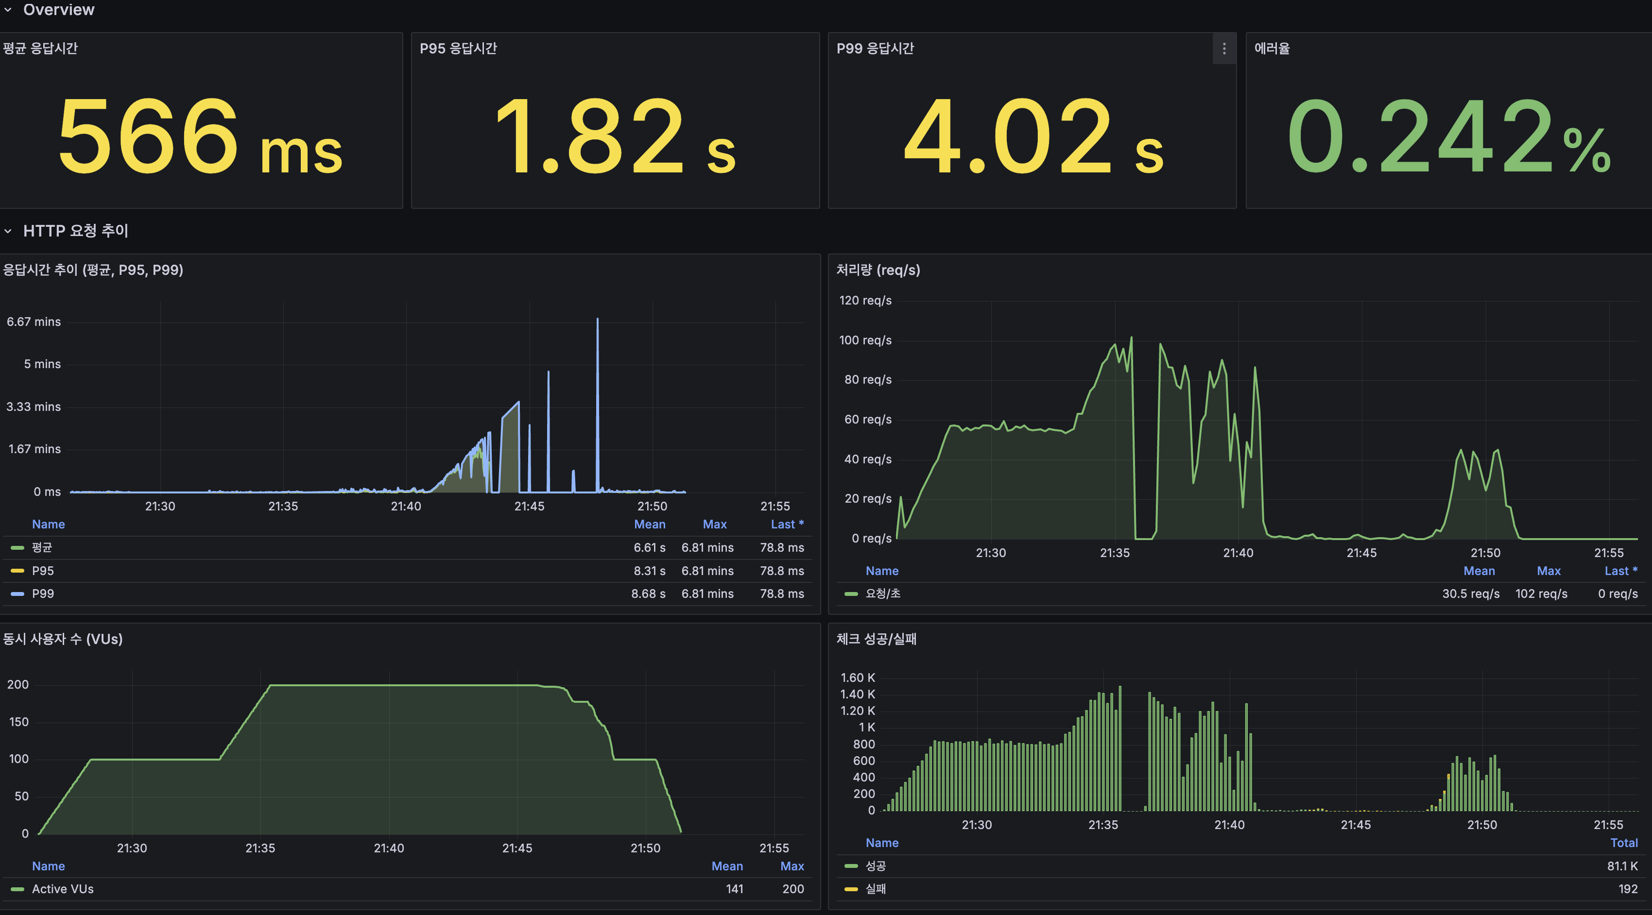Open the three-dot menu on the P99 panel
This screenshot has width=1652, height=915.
[1223, 49]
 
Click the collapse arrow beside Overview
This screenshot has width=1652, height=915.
[8, 10]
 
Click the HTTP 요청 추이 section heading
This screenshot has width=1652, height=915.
[76, 231]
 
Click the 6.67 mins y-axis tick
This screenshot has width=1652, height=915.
[34, 322]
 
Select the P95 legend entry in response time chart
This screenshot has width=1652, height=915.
[43, 571]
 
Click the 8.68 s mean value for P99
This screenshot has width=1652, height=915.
[648, 594]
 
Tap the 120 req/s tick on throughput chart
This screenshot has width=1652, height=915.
[865, 301]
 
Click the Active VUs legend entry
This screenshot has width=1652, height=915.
[63, 889]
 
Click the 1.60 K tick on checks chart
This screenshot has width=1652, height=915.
[858, 678]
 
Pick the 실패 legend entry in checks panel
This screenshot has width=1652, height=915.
[876, 889]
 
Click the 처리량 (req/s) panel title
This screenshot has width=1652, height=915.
[878, 270]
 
